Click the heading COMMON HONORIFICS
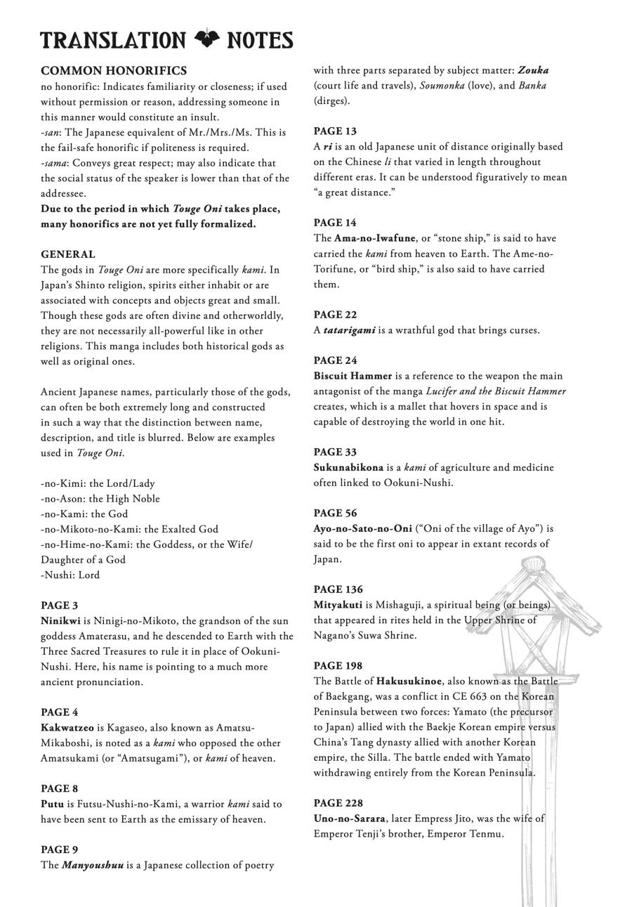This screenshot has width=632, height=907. (114, 71)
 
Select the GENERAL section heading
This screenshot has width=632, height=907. (68, 254)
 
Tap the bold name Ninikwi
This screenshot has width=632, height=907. (60, 621)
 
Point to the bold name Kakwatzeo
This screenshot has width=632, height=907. (67, 728)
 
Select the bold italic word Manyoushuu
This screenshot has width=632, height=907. (93, 865)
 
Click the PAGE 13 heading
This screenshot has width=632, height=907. (335, 131)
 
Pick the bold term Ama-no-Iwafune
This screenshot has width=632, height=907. (374, 238)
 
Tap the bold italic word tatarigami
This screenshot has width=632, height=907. (349, 330)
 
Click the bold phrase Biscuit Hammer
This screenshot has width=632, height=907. (353, 376)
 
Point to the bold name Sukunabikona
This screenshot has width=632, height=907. (348, 467)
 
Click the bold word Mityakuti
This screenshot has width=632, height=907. (338, 605)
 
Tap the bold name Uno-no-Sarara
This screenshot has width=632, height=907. (349, 818)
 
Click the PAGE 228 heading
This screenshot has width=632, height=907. (338, 803)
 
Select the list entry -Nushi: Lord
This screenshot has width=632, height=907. (70, 575)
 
